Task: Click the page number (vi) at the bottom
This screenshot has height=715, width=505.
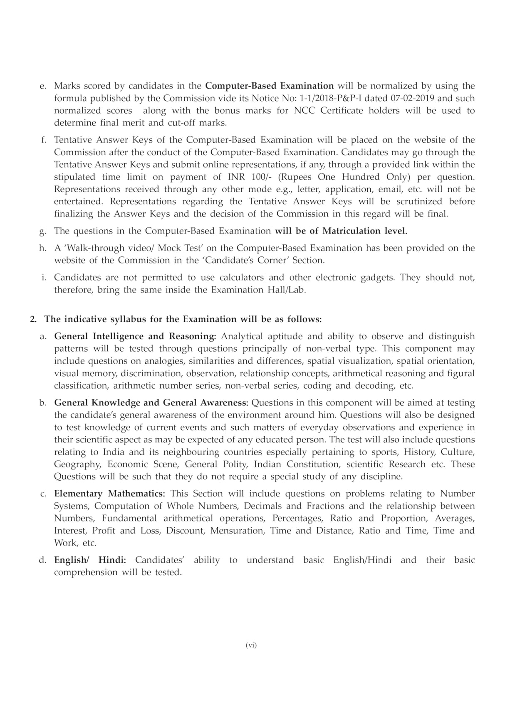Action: [251, 645]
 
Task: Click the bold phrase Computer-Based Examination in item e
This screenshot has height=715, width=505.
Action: [270, 86]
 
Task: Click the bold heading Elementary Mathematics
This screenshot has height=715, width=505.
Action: [109, 494]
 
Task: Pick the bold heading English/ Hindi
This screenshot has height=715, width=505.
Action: [90, 560]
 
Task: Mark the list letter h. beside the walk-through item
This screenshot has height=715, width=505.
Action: [42, 248]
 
